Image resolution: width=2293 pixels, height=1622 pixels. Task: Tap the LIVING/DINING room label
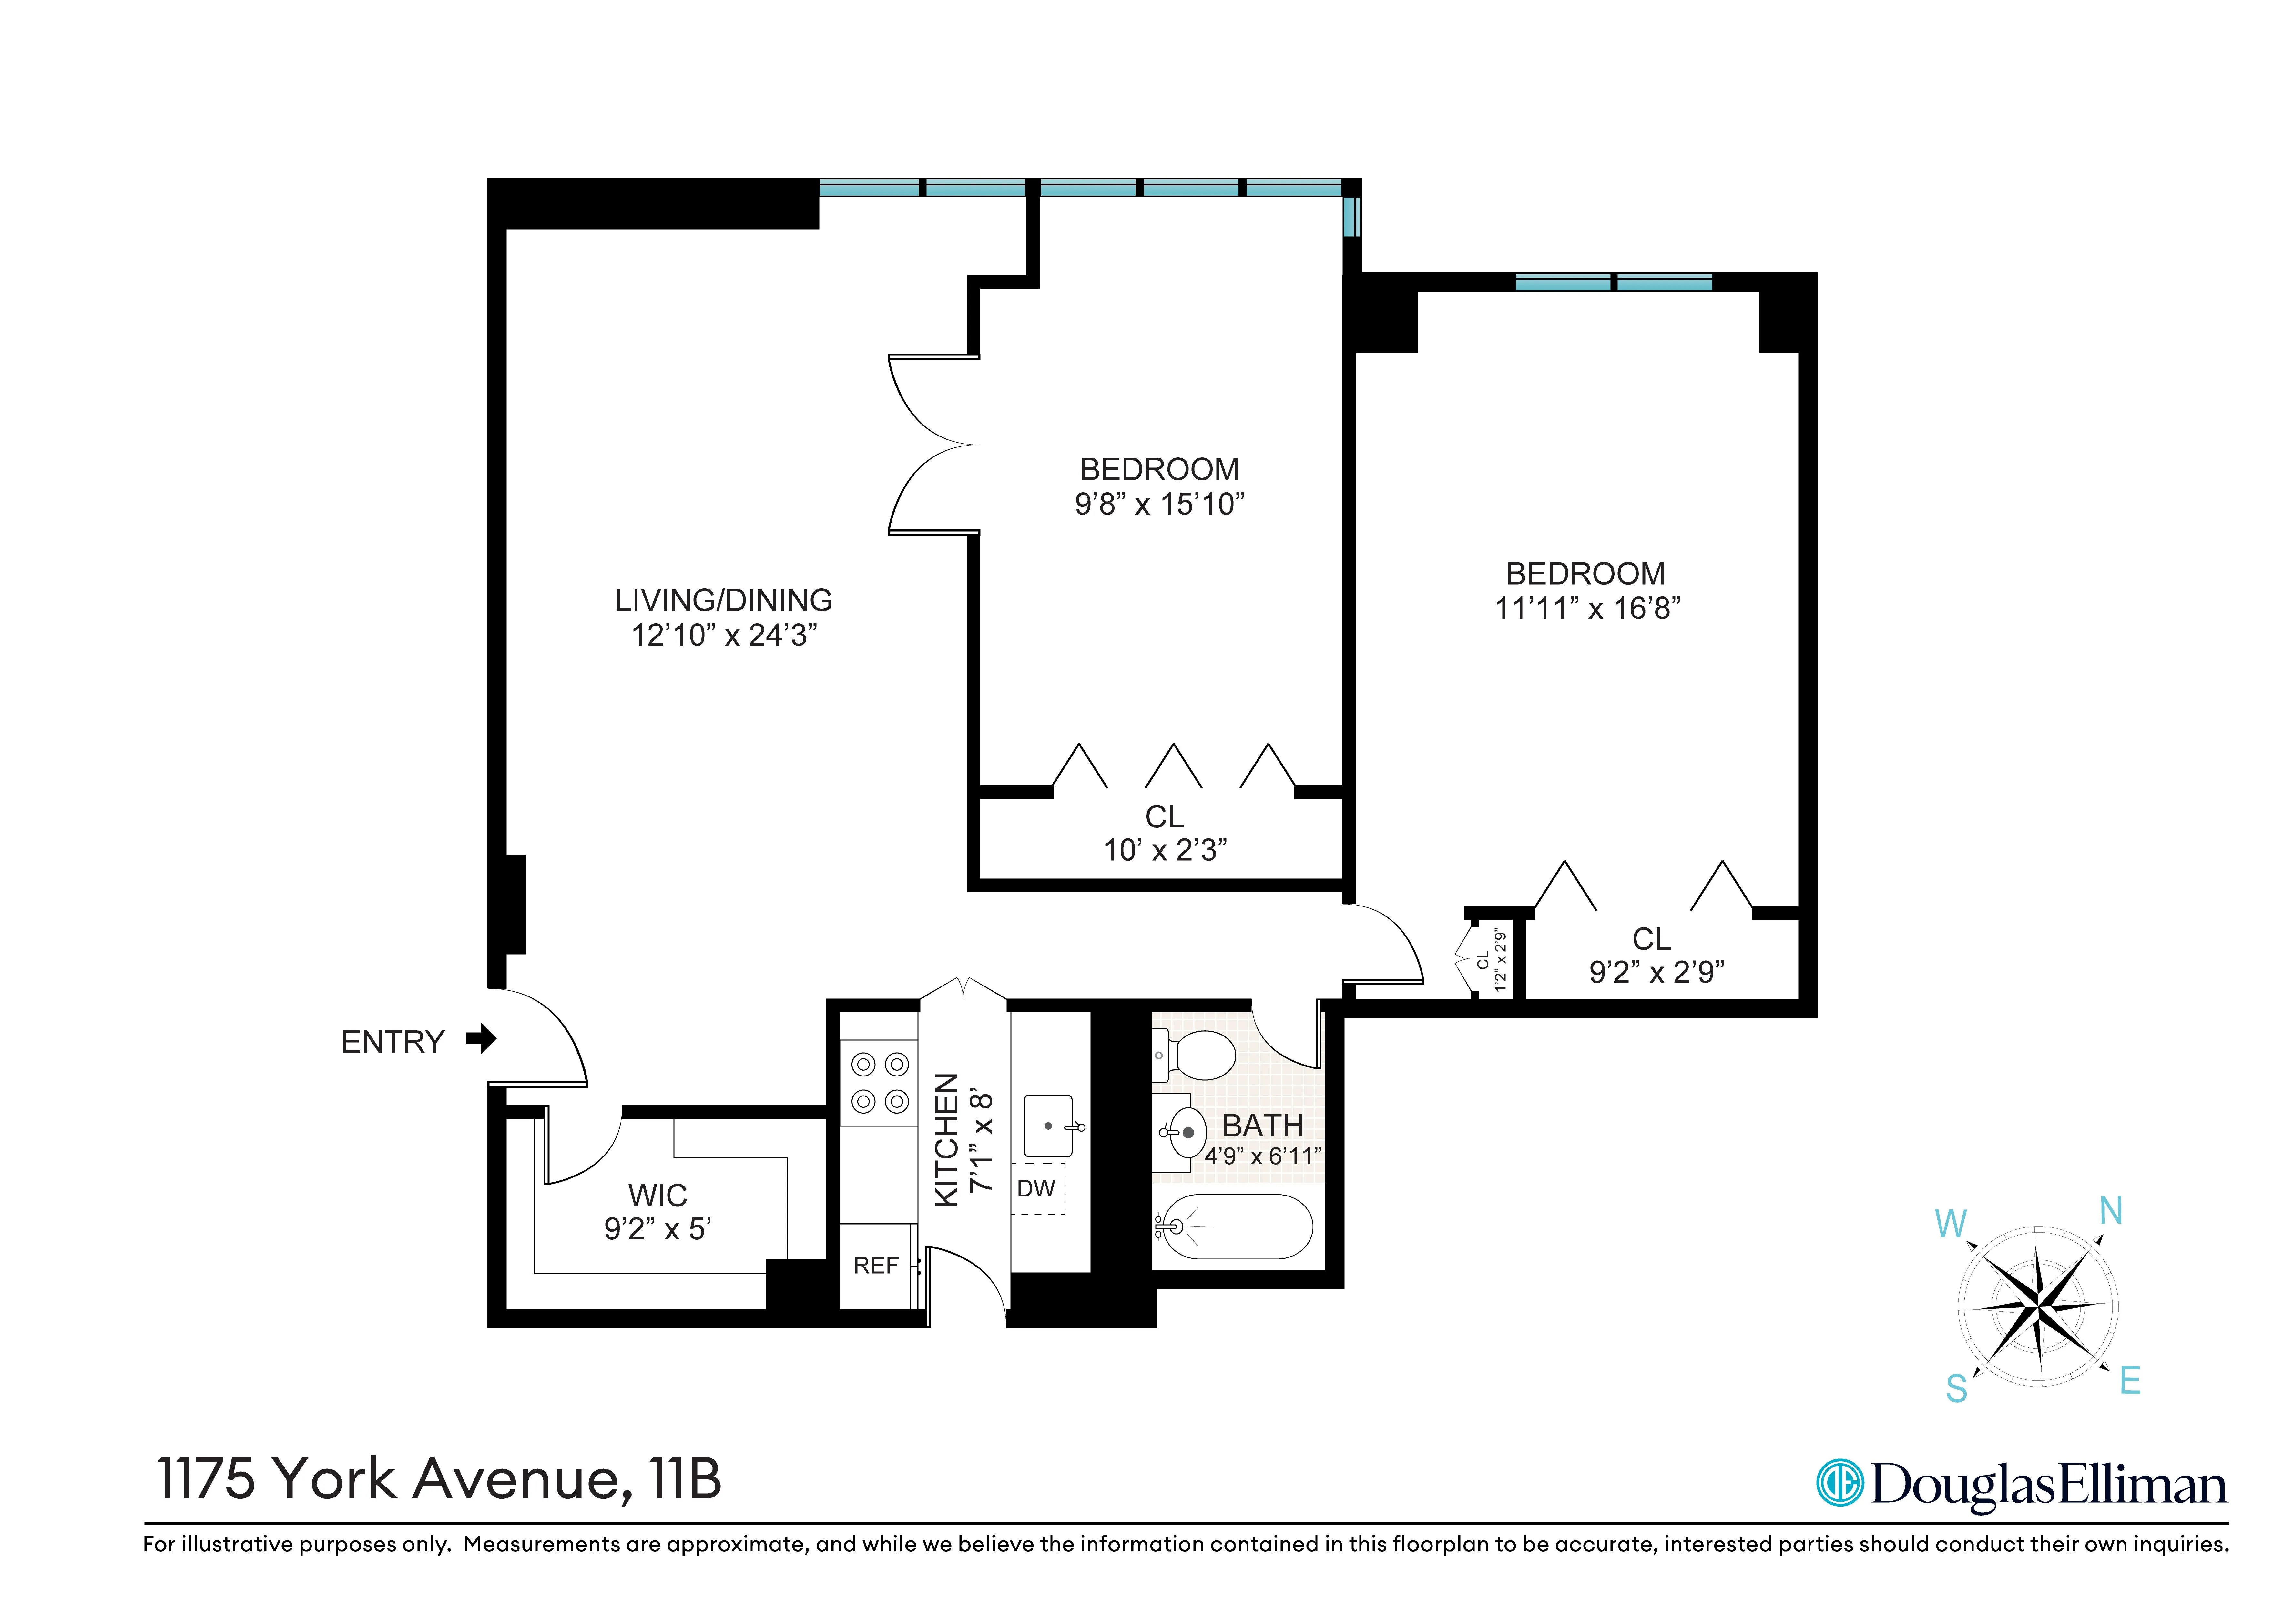pyautogui.click(x=723, y=600)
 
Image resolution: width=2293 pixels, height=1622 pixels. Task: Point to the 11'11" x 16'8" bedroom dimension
pyautogui.click(x=1587, y=608)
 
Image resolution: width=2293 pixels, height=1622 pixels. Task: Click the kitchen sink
pyautogui.click(x=1048, y=1126)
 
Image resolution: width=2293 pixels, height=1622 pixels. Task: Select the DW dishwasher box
pyautogui.click(x=1037, y=1188)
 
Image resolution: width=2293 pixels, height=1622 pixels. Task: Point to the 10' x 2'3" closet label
pyautogui.click(x=1164, y=849)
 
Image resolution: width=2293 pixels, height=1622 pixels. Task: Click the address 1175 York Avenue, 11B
pyautogui.click(x=440, y=1479)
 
